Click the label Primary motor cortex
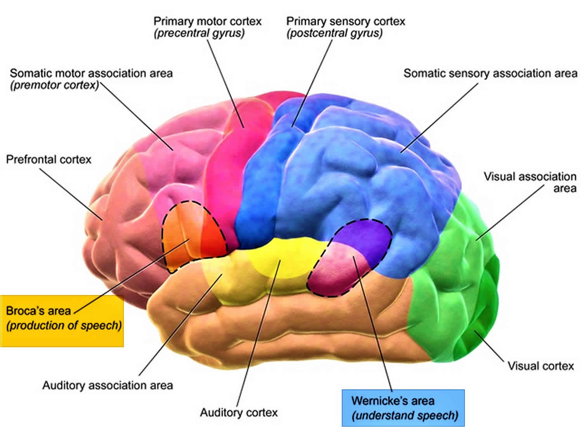tap(207, 21)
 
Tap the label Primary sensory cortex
tap(345, 21)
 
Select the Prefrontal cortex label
tap(49, 159)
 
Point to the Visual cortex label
tap(540, 366)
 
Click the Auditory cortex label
tap(239, 412)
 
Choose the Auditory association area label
tap(107, 385)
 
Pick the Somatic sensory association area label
tap(490, 73)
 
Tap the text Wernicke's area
tap(392, 401)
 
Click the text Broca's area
tap(38, 311)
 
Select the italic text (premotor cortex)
tap(54, 85)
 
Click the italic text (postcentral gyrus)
tap(334, 33)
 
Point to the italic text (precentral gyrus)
tap(199, 33)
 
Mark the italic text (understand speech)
tap(405, 416)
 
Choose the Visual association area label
tap(530, 182)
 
